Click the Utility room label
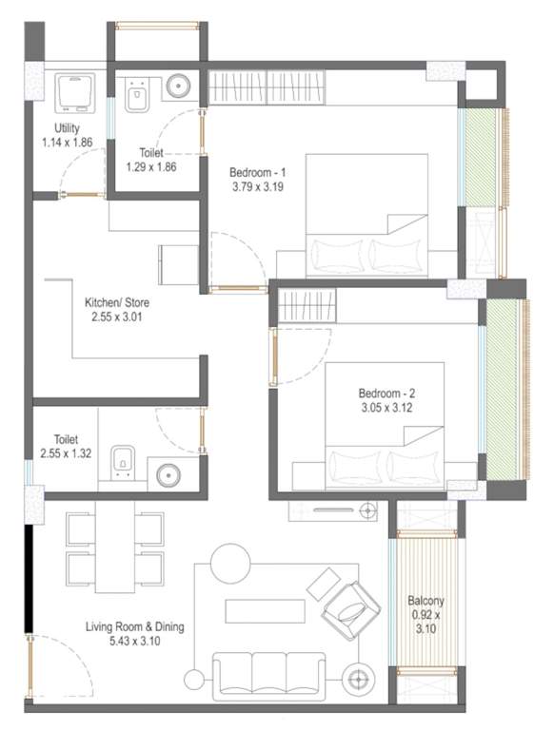tap(66, 127)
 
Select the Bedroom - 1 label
tap(258, 173)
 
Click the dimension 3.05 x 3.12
tap(385, 409)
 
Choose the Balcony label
tap(425, 601)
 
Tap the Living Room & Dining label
tap(134, 626)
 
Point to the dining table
tap(117, 547)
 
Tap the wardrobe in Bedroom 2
tap(304, 307)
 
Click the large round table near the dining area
tap(229, 562)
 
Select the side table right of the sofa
tap(360, 680)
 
